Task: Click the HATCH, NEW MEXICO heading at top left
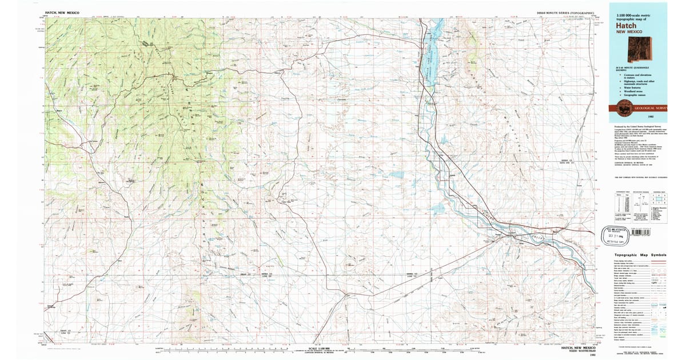(62, 12)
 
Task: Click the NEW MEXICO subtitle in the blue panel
(629, 32)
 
